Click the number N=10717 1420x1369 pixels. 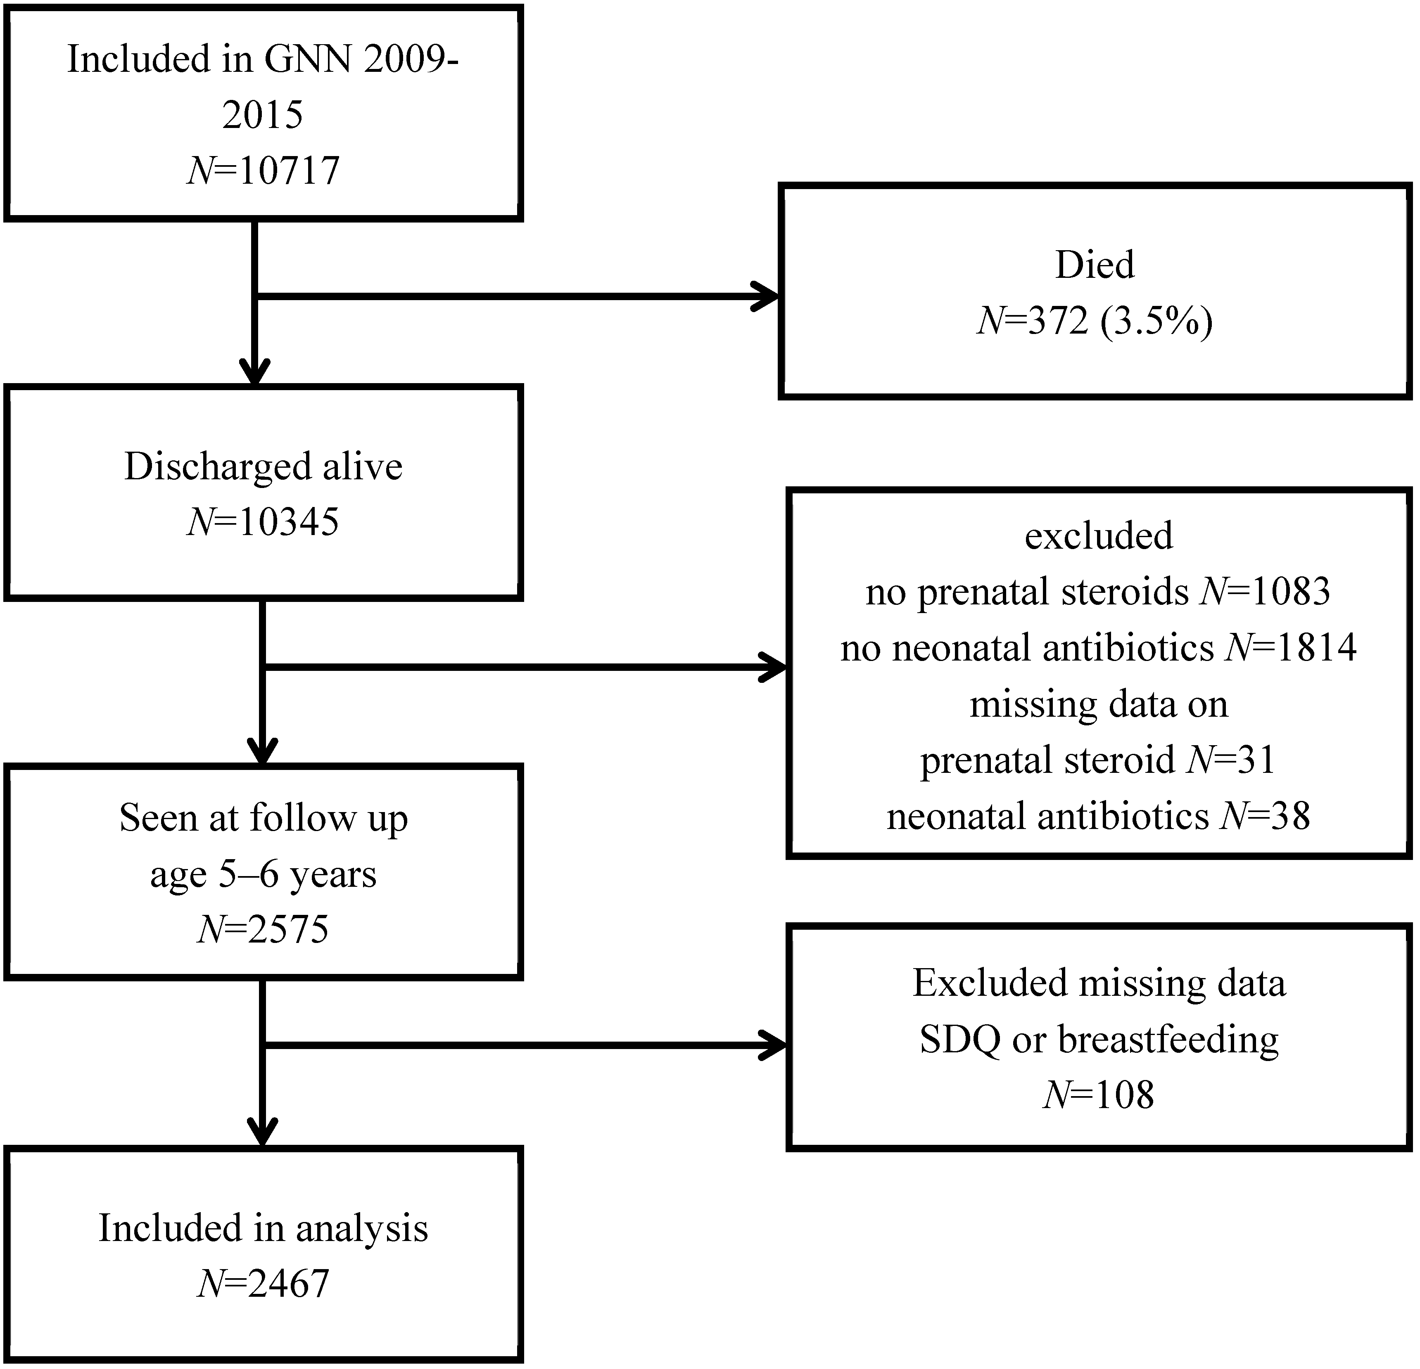pyautogui.click(x=264, y=171)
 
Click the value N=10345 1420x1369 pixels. pyautogui.click(x=263, y=521)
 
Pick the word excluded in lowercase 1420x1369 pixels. pyautogui.click(x=1098, y=536)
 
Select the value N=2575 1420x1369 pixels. pyautogui.click(x=263, y=929)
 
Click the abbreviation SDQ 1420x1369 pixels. pyautogui.click(x=961, y=1040)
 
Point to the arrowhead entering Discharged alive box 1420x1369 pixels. pyautogui.click(x=255, y=373)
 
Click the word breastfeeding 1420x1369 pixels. pyautogui.click(x=1168, y=1040)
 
